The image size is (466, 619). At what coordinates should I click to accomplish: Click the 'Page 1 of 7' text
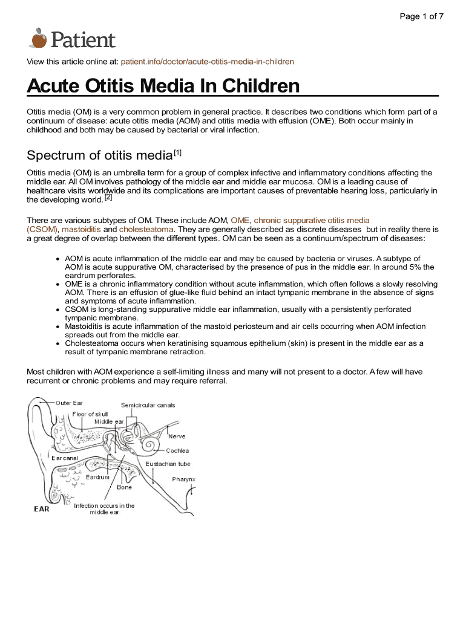pos(421,16)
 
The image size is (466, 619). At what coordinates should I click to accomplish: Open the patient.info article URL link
pos(208,62)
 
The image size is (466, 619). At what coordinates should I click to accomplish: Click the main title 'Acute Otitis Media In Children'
pos(163,86)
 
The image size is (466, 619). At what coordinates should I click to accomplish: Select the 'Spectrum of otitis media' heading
pos(100,155)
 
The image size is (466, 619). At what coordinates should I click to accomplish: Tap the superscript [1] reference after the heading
pos(178,152)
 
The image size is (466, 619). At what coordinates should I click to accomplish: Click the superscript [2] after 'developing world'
pos(108,197)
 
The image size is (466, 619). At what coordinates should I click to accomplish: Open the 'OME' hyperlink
pos(240,221)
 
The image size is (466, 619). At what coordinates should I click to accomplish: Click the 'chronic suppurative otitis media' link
pos(312,221)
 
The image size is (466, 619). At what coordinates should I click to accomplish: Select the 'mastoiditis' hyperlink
pos(81,230)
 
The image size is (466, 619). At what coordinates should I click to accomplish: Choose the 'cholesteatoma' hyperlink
pos(146,230)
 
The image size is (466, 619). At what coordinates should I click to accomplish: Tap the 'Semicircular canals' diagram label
pos(148,405)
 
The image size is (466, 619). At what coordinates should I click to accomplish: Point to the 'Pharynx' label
pos(183,479)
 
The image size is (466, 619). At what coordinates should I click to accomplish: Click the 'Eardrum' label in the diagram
pos(97,477)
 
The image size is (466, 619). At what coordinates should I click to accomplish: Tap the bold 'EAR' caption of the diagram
pos(41,508)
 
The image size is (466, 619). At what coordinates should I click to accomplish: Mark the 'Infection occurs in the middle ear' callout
pos(104,509)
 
